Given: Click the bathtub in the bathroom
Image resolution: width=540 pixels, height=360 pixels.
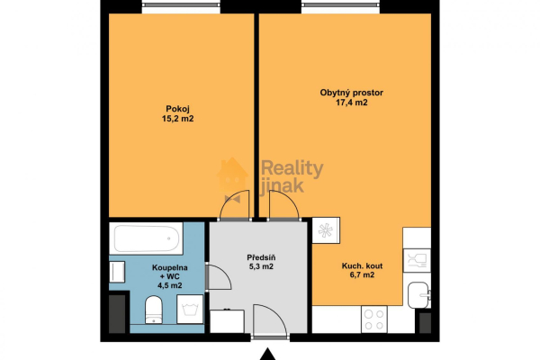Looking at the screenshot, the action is [146, 238].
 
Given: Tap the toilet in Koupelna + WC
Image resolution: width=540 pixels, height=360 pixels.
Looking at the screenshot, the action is [154, 310].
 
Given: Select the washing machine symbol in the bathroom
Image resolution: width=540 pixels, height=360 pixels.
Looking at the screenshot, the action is [190, 309].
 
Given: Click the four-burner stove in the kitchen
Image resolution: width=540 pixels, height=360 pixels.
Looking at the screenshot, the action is [374, 319].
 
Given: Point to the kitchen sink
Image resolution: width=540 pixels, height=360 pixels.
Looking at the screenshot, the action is [418, 295].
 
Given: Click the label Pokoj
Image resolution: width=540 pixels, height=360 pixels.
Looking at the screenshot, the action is [177, 109].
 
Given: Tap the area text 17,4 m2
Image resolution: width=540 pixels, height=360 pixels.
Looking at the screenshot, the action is [352, 103].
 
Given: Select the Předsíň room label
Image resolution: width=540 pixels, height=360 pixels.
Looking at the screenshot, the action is [261, 257].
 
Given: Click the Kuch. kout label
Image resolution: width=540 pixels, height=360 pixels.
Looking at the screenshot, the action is [362, 266].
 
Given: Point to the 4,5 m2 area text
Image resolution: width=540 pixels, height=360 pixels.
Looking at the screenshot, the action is [170, 285].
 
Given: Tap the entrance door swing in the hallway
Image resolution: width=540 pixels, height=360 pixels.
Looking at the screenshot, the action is [270, 321].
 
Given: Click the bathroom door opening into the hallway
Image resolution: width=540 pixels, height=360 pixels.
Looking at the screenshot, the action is [219, 277].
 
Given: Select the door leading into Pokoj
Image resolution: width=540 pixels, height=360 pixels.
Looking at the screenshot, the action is [234, 205].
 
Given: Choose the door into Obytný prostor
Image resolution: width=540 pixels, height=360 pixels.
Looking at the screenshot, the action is [283, 205].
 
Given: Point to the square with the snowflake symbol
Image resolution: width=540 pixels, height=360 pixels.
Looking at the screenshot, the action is [326, 230].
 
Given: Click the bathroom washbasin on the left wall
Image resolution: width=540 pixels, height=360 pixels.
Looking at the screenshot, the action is [117, 272].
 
